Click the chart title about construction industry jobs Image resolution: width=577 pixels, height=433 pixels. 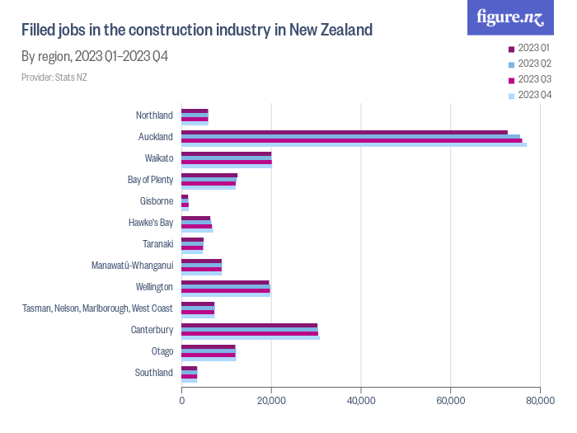pos(197,31)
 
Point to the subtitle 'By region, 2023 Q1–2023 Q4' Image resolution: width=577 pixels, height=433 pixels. pos(95,57)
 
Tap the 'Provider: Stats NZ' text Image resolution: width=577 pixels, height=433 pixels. pos(54,78)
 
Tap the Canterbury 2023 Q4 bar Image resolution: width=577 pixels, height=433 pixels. pos(251,337)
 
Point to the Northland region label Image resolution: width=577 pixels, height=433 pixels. pos(154,115)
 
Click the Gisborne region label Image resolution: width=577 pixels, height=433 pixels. pos(157,201)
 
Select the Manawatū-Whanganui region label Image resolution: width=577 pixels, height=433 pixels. pos(133,266)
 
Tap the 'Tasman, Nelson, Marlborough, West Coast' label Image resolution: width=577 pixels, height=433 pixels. pos(97,308)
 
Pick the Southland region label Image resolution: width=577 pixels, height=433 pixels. pos(154,373)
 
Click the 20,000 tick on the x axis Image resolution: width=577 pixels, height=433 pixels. pos(271,401)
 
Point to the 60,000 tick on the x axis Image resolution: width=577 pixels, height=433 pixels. pos(450,401)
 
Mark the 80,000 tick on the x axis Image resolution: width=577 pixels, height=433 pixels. pos(539,401)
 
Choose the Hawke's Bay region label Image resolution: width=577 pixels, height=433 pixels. pos(151,223)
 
